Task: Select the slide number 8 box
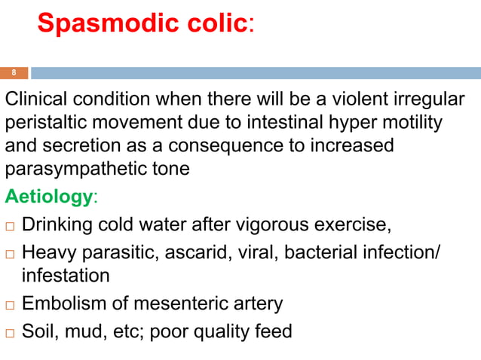click(x=14, y=73)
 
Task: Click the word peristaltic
click(x=54, y=122)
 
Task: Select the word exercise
click(x=348, y=224)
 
